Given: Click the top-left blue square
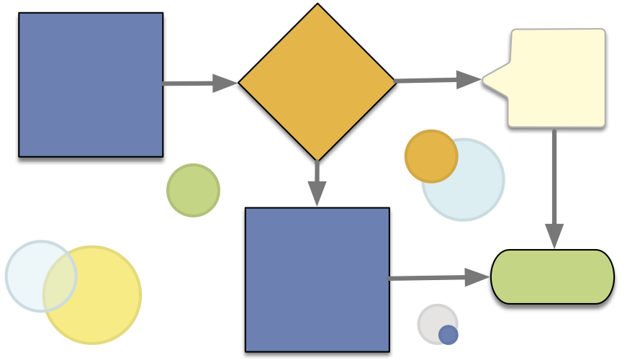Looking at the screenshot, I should coord(91,84).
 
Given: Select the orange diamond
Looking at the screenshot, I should coord(317,82).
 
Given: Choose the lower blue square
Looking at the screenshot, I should coord(317,279).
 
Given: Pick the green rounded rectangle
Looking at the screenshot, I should coord(552,276).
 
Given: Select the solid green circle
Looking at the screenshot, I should coord(193,190).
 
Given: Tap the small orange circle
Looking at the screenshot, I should coord(431,156).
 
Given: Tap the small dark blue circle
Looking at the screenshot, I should coord(448,335).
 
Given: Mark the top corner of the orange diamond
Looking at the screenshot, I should coord(317,6).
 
